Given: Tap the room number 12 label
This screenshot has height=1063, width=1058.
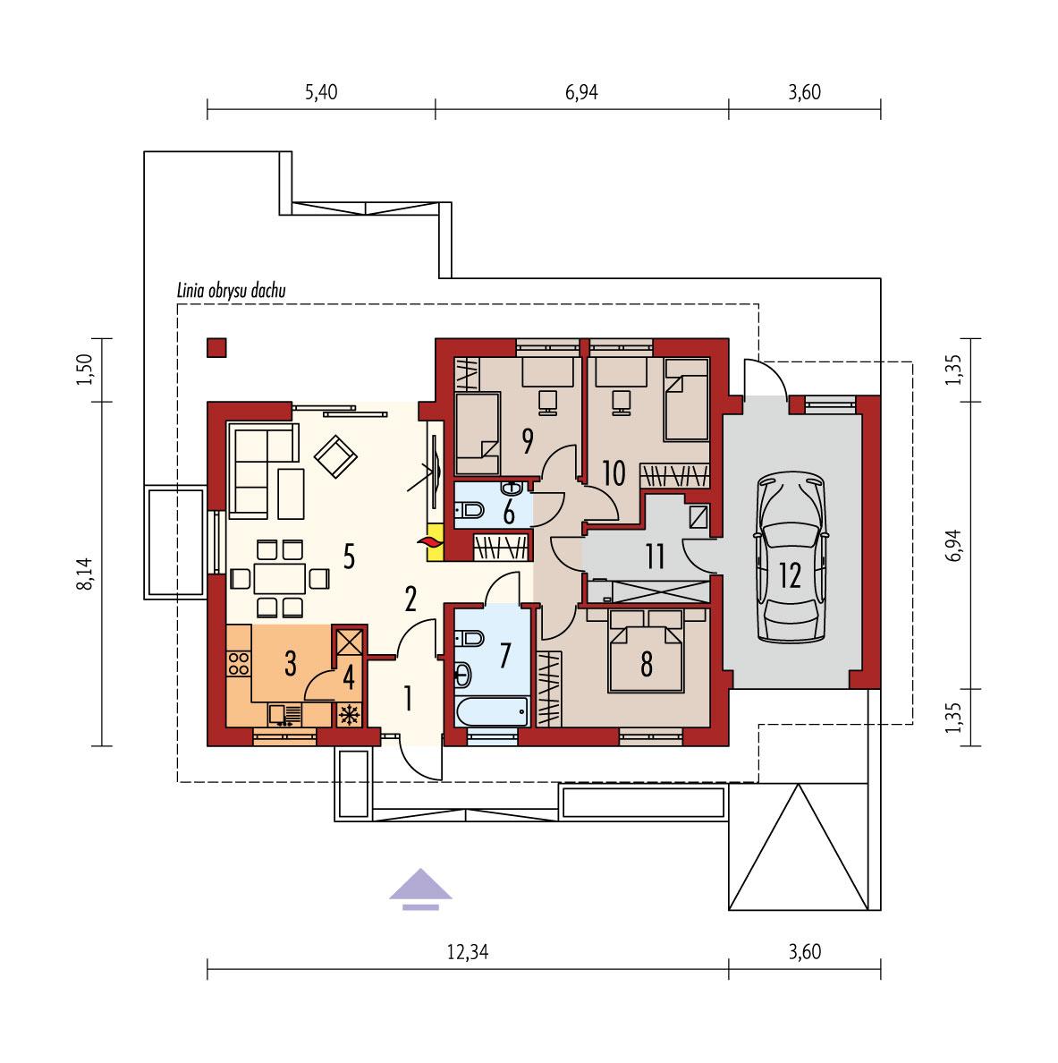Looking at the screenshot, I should (x=790, y=575).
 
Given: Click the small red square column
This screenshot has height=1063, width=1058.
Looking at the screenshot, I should (x=216, y=347).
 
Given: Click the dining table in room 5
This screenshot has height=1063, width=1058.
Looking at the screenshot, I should (x=282, y=578).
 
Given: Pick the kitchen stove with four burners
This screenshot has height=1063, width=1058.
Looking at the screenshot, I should (x=239, y=663).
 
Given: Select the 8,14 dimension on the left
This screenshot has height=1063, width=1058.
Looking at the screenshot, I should (x=86, y=571).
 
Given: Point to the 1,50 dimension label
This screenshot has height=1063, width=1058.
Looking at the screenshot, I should (x=86, y=369).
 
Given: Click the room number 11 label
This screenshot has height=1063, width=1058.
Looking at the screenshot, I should (x=656, y=558).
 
